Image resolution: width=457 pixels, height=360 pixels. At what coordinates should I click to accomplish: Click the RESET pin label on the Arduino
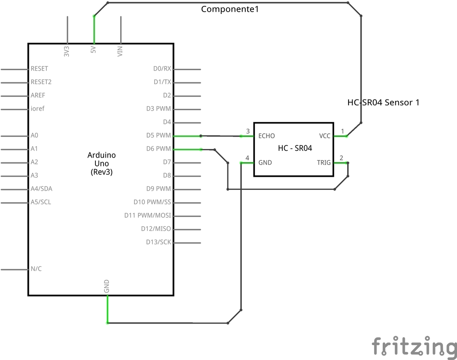point(39,69)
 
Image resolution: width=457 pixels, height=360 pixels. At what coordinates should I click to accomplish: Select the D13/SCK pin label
point(158,242)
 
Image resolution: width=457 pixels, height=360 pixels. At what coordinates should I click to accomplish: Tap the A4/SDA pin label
point(41,189)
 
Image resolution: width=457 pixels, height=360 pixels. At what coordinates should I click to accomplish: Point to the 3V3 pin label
point(67,50)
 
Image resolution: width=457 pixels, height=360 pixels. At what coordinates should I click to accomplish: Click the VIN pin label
point(120,50)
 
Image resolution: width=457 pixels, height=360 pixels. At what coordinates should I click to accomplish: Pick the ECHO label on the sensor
point(266,136)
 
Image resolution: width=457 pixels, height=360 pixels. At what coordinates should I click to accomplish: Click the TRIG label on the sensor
point(324,162)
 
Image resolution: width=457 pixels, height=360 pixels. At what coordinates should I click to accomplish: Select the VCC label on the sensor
point(325,136)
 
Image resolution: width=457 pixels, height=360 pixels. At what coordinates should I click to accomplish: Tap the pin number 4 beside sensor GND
point(247,157)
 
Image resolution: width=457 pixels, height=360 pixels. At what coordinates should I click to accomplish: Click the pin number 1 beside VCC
point(343,131)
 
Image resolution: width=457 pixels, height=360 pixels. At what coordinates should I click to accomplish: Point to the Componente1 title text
point(230,9)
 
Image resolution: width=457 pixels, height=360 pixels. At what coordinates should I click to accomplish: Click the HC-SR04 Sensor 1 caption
point(383,103)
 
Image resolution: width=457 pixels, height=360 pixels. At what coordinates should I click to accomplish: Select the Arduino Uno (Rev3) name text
point(101,163)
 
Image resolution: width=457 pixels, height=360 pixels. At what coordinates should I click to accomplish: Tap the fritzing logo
point(414,346)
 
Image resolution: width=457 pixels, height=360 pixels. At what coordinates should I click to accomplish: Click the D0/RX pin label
point(162,69)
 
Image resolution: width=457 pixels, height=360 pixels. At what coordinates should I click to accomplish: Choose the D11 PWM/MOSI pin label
point(148,216)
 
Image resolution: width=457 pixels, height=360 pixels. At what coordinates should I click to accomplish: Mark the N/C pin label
point(36,269)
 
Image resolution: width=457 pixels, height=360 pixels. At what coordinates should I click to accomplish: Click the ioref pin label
point(37,109)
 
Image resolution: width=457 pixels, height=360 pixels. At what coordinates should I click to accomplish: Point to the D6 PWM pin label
point(158,149)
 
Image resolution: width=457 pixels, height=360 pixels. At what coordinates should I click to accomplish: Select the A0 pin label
point(34,135)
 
